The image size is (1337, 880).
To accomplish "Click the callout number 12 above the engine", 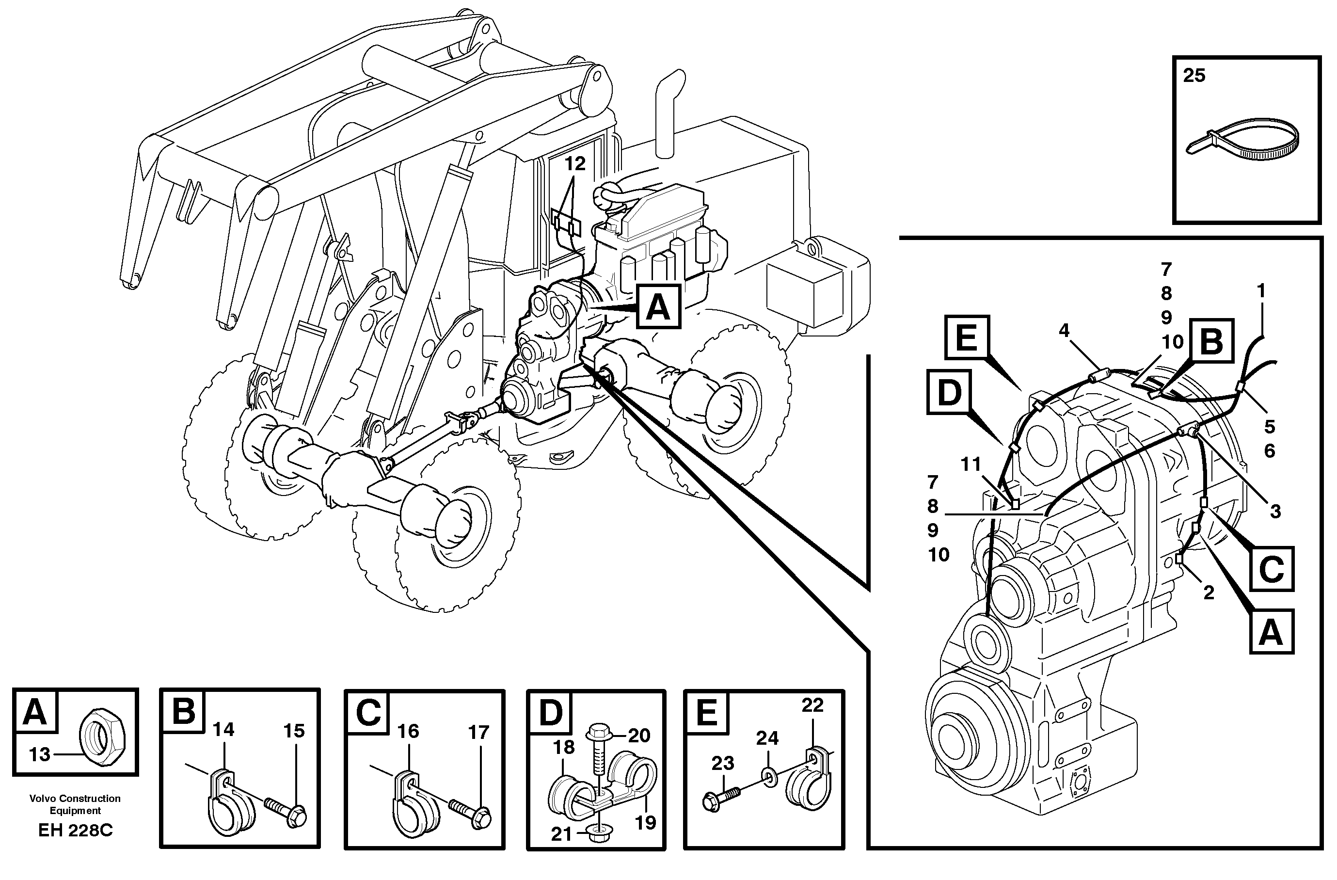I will [x=574, y=164].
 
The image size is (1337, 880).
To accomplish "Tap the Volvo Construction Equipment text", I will [x=75, y=804].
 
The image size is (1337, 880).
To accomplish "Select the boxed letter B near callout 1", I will [x=1211, y=340].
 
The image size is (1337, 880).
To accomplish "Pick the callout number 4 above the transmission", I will [x=1064, y=331].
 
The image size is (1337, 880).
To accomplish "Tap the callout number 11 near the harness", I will [x=971, y=464].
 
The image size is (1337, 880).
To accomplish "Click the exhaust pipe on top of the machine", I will [x=668, y=112].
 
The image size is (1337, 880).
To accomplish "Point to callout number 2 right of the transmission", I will [x=1209, y=592].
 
